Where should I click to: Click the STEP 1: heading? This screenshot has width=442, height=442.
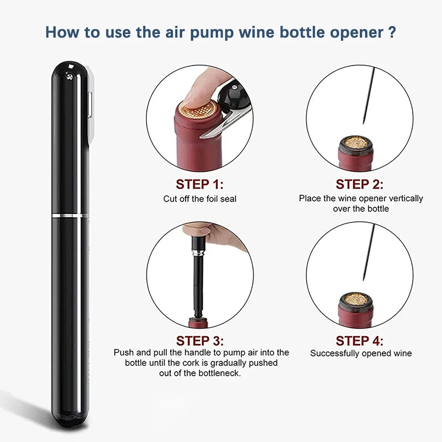pyautogui.click(x=199, y=184)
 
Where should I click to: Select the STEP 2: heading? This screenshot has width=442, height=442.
pyautogui.click(x=360, y=184)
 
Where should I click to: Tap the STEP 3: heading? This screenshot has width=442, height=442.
pyautogui.click(x=199, y=340)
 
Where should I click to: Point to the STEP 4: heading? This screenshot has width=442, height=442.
pyautogui.click(x=360, y=340)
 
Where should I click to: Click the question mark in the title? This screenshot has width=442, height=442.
pyautogui.click(x=391, y=31)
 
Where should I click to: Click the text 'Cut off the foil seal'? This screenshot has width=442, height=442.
pyautogui.click(x=199, y=198)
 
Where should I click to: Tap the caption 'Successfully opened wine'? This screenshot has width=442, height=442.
pyautogui.click(x=361, y=353)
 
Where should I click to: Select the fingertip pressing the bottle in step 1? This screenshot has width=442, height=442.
pyautogui.click(x=196, y=94)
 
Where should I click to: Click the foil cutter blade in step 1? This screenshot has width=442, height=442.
pyautogui.click(x=212, y=130)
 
